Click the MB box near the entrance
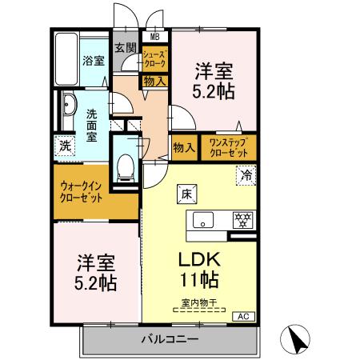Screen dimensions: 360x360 pyautogui.click(x=154, y=36)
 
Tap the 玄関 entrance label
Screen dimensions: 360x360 pyautogui.click(x=124, y=48)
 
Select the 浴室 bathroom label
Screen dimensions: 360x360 pyautogui.click(x=94, y=61)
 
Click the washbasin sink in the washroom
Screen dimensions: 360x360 pyautogui.click(x=66, y=106)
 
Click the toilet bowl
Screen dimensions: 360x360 pyautogui.click(x=125, y=166)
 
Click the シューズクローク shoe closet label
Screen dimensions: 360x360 pyautogui.click(x=154, y=58)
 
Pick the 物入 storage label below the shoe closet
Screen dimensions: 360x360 pyautogui.click(x=154, y=81)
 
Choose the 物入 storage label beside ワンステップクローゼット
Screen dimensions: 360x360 pyautogui.click(x=184, y=147)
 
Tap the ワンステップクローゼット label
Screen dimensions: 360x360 pyautogui.click(x=228, y=147)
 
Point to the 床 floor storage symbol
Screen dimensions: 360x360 pyautogui.click(x=184, y=192)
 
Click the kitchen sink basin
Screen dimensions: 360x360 pyautogui.click(x=202, y=218)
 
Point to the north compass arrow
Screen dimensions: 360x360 pyautogui.click(x=297, y=338)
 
